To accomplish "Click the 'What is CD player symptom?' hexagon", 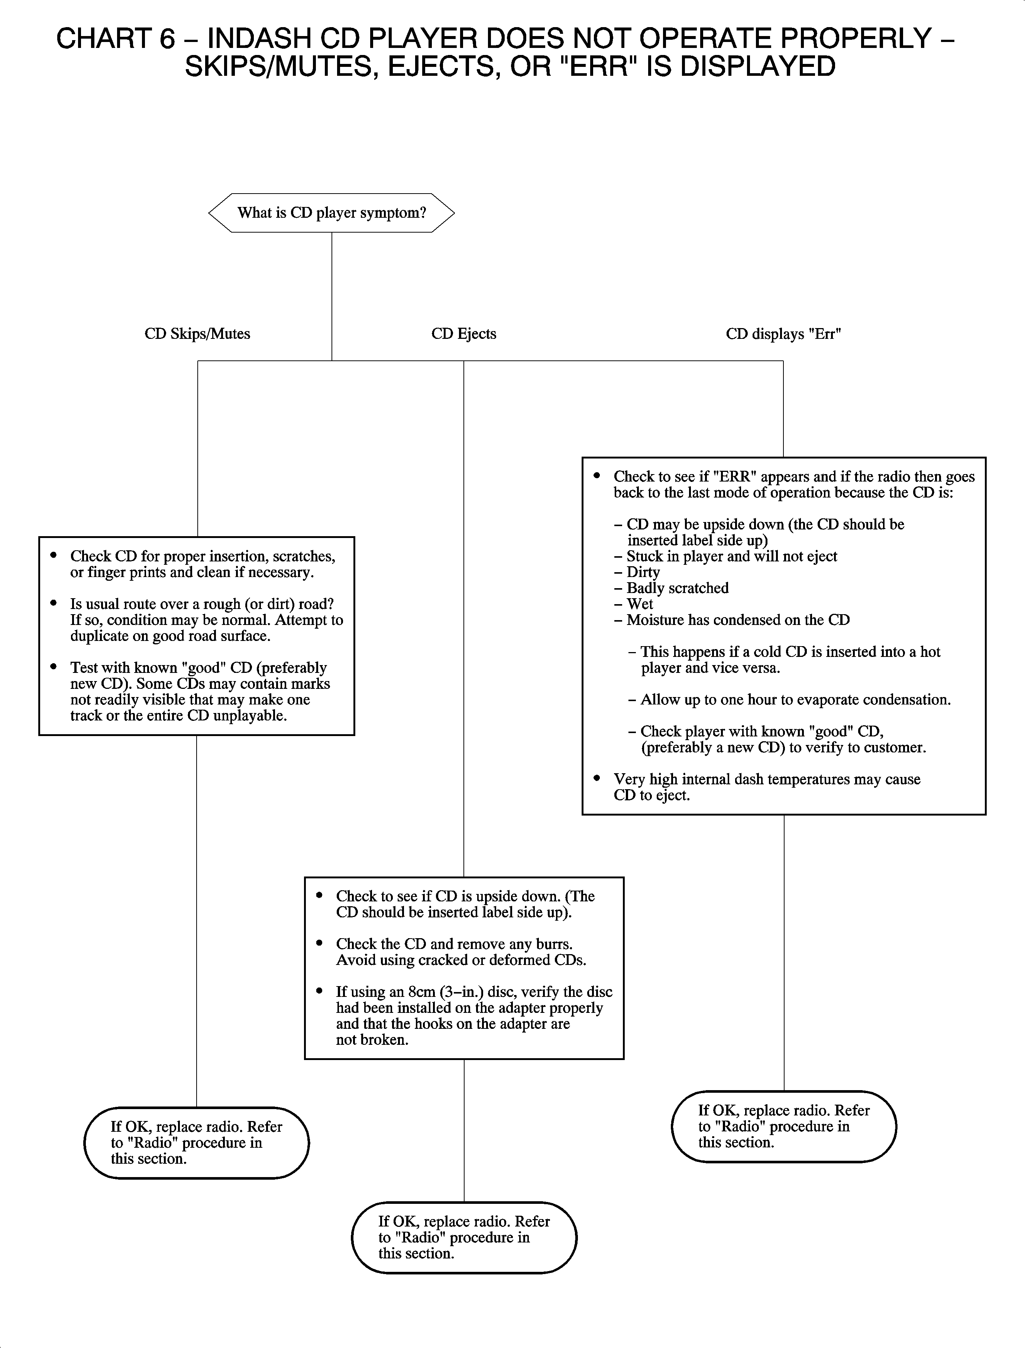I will click(331, 213).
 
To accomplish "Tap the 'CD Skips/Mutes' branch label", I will click(197, 334).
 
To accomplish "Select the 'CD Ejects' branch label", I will click(464, 334).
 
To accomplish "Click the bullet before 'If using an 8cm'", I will click(320, 991).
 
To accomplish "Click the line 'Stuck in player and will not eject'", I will click(726, 556).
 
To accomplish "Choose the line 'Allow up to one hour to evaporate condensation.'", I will click(789, 700).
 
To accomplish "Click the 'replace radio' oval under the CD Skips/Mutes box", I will click(197, 1143).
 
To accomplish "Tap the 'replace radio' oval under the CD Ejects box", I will click(464, 1238).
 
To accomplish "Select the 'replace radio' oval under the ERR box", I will click(784, 1127).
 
